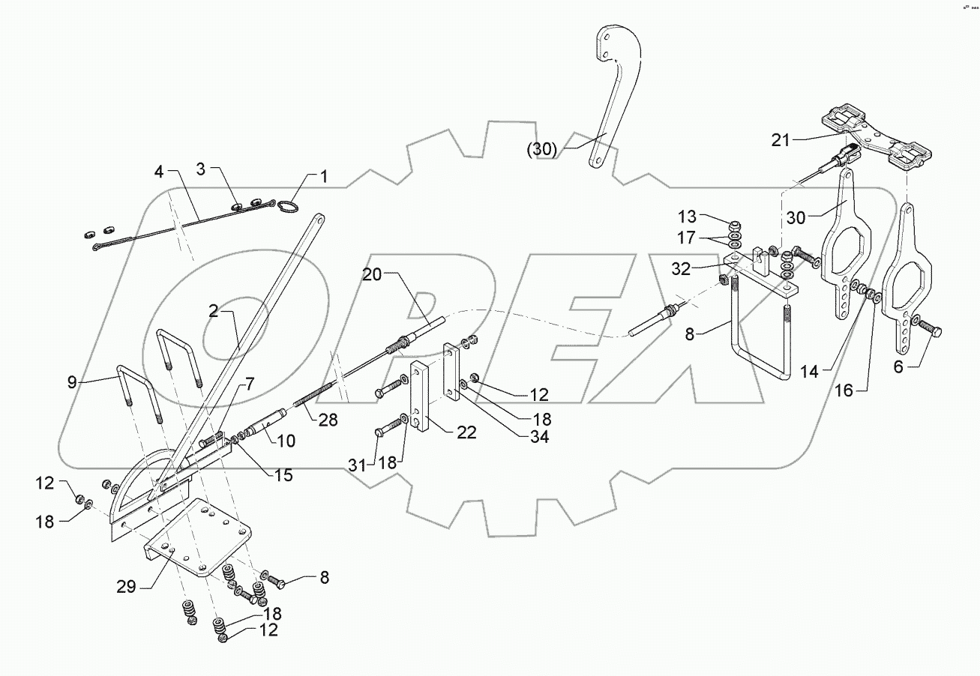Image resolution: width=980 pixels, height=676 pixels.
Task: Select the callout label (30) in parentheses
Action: [x=541, y=149]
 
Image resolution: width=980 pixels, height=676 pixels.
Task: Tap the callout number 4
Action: [x=158, y=172]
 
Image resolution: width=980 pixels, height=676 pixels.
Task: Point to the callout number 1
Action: [x=324, y=178]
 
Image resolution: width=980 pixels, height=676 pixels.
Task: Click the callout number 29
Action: [x=126, y=586]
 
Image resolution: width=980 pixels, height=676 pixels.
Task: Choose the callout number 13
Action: [x=687, y=217]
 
